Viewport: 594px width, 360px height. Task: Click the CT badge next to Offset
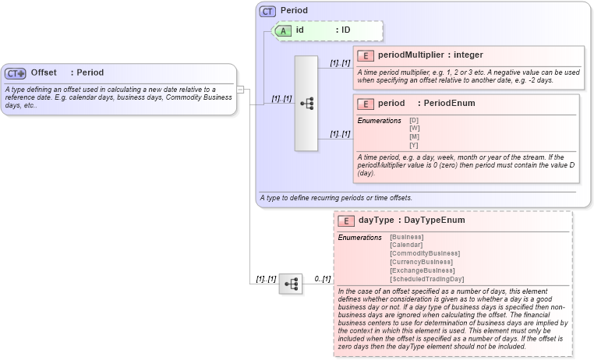click(16, 73)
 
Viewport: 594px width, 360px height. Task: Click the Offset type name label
click(44, 72)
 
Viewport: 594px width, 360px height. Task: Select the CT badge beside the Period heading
click(267, 11)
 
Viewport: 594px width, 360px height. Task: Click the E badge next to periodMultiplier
click(365, 55)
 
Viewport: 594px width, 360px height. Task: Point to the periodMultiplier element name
click(411, 55)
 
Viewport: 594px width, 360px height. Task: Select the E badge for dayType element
click(345, 221)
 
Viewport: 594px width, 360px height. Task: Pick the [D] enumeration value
click(414, 120)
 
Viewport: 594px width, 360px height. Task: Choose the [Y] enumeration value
click(414, 146)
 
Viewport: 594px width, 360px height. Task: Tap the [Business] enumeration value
click(406, 237)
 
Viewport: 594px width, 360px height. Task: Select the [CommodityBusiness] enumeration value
click(425, 253)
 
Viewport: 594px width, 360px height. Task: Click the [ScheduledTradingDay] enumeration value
click(426, 279)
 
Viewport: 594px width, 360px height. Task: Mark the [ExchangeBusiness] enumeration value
click(422, 270)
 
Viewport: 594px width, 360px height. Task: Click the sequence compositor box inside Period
click(306, 103)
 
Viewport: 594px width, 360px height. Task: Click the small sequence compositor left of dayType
click(290, 284)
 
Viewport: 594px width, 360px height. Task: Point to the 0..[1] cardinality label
click(322, 279)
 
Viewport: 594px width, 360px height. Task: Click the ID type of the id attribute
click(346, 30)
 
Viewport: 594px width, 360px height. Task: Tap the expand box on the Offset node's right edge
click(241, 90)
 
